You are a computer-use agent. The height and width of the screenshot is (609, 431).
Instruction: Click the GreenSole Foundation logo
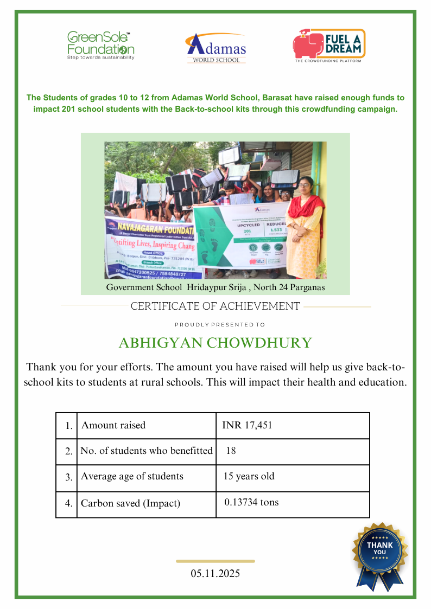[x=100, y=45]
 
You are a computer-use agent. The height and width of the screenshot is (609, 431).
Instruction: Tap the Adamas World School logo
[x=216, y=48]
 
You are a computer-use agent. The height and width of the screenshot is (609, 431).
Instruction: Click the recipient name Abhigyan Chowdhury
[x=215, y=343]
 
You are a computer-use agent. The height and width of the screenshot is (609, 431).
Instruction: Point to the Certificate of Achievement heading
[x=215, y=306]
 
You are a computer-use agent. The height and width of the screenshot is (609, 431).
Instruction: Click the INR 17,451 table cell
[x=248, y=425]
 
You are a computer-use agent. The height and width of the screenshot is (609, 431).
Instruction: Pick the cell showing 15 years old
[x=249, y=477]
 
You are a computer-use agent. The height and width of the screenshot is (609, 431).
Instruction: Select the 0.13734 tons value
[x=251, y=502]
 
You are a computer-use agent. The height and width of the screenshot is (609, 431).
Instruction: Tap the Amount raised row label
[x=113, y=425]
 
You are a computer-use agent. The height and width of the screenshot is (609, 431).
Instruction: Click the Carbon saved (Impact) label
[x=130, y=503]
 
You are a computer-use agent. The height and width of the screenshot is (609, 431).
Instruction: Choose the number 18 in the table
[x=231, y=451]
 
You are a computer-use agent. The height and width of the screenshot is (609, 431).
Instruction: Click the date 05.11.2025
[x=215, y=574]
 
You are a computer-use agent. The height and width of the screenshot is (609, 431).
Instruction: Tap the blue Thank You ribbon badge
[x=380, y=553]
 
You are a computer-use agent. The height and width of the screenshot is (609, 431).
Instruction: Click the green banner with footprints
[x=239, y=233]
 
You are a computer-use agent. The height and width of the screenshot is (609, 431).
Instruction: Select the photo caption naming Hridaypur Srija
[x=215, y=287]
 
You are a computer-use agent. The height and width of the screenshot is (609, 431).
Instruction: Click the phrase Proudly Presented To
[x=220, y=325]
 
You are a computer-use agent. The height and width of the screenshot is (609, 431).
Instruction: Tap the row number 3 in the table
[x=68, y=478]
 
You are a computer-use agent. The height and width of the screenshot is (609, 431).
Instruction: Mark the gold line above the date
[x=215, y=561]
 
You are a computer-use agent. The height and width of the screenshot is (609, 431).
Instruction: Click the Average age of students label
[x=132, y=477]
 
